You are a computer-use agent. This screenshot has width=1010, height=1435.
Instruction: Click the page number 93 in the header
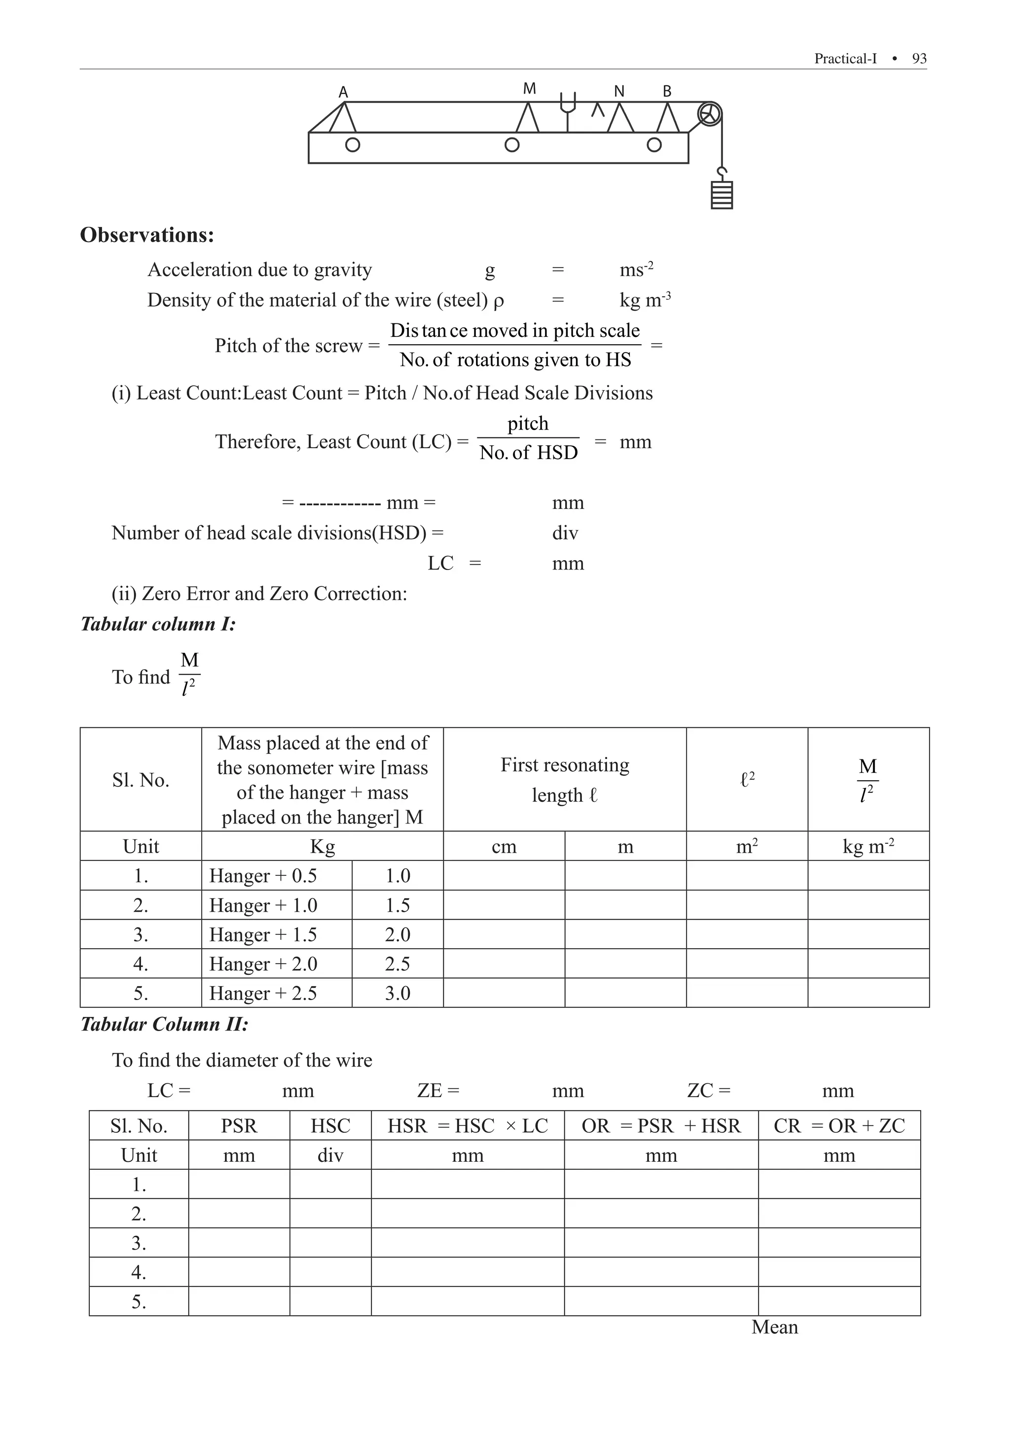tap(919, 59)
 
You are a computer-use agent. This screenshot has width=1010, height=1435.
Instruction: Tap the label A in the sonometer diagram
tap(343, 93)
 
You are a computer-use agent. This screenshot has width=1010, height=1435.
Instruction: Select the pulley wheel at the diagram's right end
tap(709, 114)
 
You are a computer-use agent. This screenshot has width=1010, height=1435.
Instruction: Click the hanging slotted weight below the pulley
tap(722, 195)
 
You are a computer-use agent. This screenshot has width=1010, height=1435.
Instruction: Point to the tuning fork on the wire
tap(568, 110)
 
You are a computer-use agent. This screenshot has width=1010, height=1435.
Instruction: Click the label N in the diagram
tap(619, 92)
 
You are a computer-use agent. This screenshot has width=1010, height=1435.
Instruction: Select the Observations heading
tap(147, 235)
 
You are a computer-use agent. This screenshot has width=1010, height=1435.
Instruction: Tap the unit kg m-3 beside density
tap(645, 300)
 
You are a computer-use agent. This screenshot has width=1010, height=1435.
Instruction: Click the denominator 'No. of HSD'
tap(528, 453)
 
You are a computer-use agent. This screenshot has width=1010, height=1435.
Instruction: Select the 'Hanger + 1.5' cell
tap(263, 934)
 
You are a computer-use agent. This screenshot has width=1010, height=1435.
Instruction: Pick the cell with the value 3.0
tap(397, 993)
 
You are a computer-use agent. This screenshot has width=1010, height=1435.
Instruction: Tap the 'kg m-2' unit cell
tap(868, 846)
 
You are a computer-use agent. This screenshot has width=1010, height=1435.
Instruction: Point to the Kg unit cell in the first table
tap(323, 846)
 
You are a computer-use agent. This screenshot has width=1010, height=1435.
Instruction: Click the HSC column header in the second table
tap(330, 1126)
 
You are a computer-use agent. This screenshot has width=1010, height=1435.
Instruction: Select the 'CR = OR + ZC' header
tap(839, 1126)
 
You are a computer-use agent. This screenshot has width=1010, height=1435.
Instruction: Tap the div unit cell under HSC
tap(330, 1155)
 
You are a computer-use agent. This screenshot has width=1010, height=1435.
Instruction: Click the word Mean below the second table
tap(774, 1327)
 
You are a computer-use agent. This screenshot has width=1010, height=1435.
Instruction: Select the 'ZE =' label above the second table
tap(438, 1091)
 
